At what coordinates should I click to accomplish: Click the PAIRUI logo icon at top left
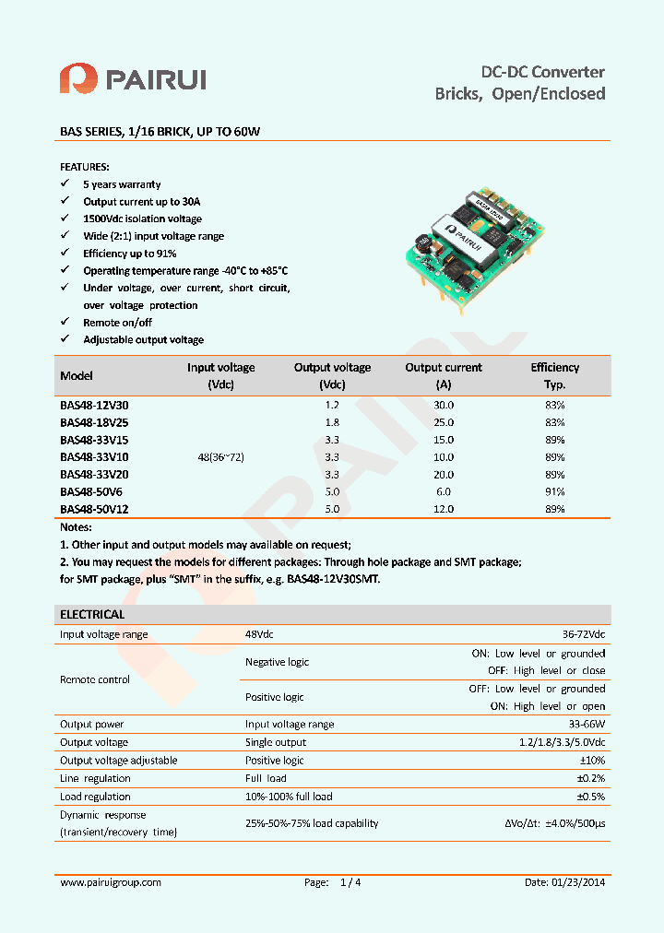(x=78, y=78)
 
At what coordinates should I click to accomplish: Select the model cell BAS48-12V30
(x=94, y=405)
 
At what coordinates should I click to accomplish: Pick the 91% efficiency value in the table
(x=554, y=491)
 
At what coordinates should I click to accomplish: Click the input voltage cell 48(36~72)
(x=221, y=456)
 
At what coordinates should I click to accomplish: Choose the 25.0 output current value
(x=444, y=422)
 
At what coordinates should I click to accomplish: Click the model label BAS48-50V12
(x=94, y=509)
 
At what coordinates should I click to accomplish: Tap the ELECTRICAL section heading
(x=92, y=614)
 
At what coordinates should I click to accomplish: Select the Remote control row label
(x=95, y=679)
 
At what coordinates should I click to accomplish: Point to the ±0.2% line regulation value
(x=591, y=778)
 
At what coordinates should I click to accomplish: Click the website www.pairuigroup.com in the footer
(x=111, y=882)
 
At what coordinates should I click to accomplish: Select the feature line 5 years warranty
(x=122, y=184)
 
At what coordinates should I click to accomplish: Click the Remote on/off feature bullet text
(x=117, y=323)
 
